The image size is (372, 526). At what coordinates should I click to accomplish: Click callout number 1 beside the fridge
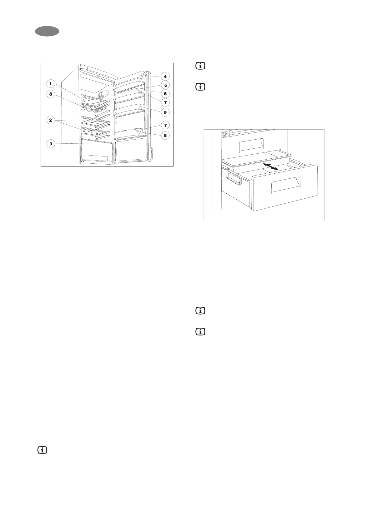tap(50, 83)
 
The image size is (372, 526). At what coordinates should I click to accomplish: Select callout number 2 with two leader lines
tap(50, 120)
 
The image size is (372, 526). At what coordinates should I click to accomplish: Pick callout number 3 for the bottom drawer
tap(50, 144)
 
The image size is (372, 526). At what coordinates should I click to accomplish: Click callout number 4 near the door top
tap(165, 76)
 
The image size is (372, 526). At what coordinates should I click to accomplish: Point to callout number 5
tap(165, 85)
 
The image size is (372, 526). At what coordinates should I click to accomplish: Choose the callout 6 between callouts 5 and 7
tap(165, 93)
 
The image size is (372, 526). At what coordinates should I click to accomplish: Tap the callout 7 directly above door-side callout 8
tap(165, 125)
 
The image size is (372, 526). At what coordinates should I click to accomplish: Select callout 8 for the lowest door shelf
tap(165, 136)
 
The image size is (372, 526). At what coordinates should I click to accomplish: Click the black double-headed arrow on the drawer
tap(271, 166)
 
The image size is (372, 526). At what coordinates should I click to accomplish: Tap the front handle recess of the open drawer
tap(285, 185)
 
